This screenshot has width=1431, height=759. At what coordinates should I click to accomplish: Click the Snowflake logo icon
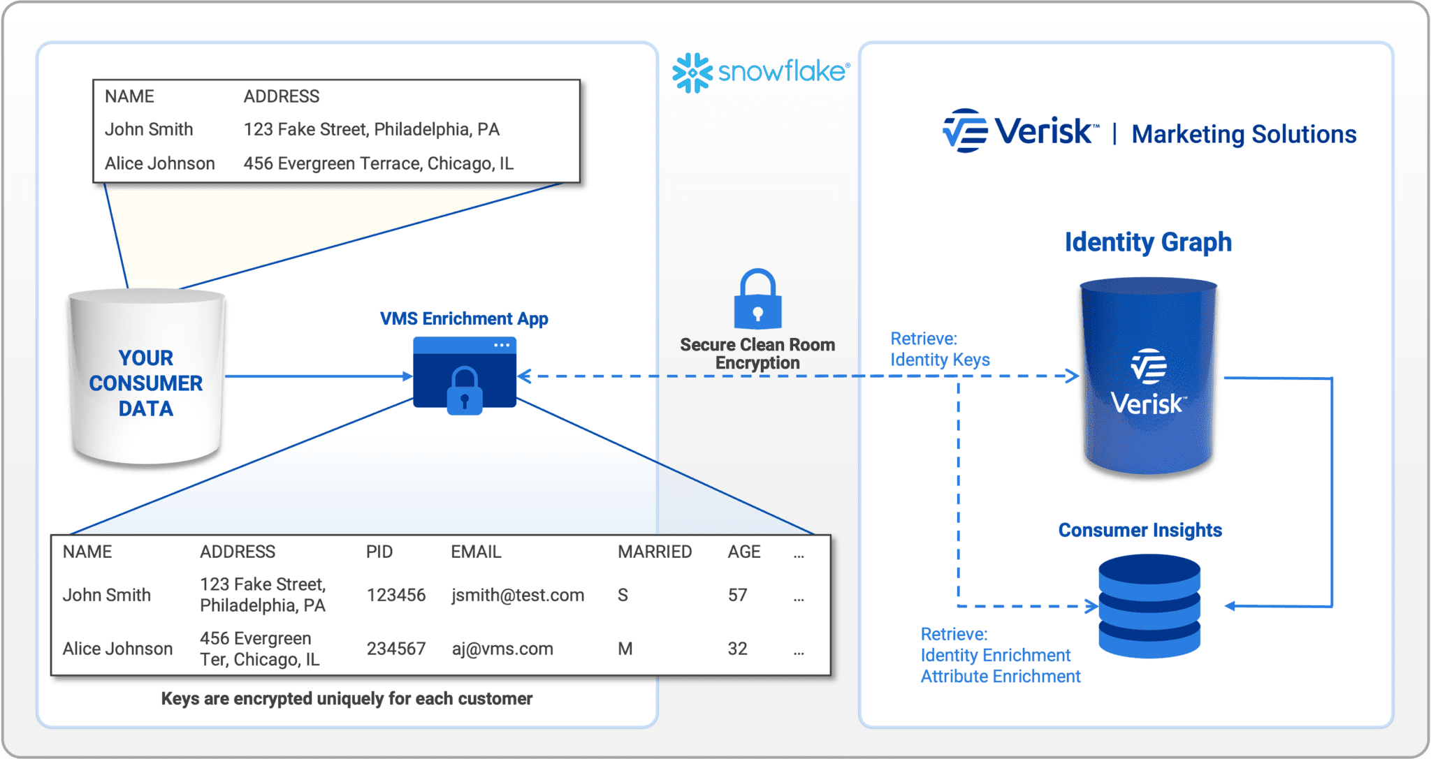click(x=692, y=73)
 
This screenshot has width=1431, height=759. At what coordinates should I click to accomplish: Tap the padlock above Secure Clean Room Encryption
click(x=757, y=300)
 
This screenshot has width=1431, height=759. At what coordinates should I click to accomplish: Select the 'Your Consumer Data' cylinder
click(x=146, y=377)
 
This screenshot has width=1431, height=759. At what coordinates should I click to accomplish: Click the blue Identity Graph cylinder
click(x=1148, y=377)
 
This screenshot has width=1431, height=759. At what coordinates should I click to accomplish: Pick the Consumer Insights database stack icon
click(x=1149, y=605)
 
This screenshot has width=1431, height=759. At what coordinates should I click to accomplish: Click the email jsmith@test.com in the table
click(x=517, y=595)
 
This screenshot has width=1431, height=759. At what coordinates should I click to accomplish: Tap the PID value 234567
click(x=395, y=649)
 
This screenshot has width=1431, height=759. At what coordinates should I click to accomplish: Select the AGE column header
click(x=743, y=552)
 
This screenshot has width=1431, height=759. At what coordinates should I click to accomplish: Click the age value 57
click(x=737, y=595)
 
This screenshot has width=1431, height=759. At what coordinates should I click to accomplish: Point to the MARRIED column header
click(x=654, y=552)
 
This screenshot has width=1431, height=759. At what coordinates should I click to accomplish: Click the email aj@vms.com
click(x=502, y=649)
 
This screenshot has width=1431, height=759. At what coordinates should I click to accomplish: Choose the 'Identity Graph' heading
click(x=1147, y=242)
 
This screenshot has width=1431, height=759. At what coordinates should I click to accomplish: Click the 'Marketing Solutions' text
click(x=1244, y=134)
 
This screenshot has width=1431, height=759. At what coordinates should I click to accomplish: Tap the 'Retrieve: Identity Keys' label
click(x=939, y=349)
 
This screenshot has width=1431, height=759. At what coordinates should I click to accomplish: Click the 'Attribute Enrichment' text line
click(x=1000, y=677)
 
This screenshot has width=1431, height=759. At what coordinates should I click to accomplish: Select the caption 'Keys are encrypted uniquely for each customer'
click(x=347, y=699)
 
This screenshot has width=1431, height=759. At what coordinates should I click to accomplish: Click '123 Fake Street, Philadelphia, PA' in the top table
click(x=371, y=129)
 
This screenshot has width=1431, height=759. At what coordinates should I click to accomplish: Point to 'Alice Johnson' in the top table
click(x=159, y=163)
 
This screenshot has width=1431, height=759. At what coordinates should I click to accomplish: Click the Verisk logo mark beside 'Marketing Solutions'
click(x=965, y=131)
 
